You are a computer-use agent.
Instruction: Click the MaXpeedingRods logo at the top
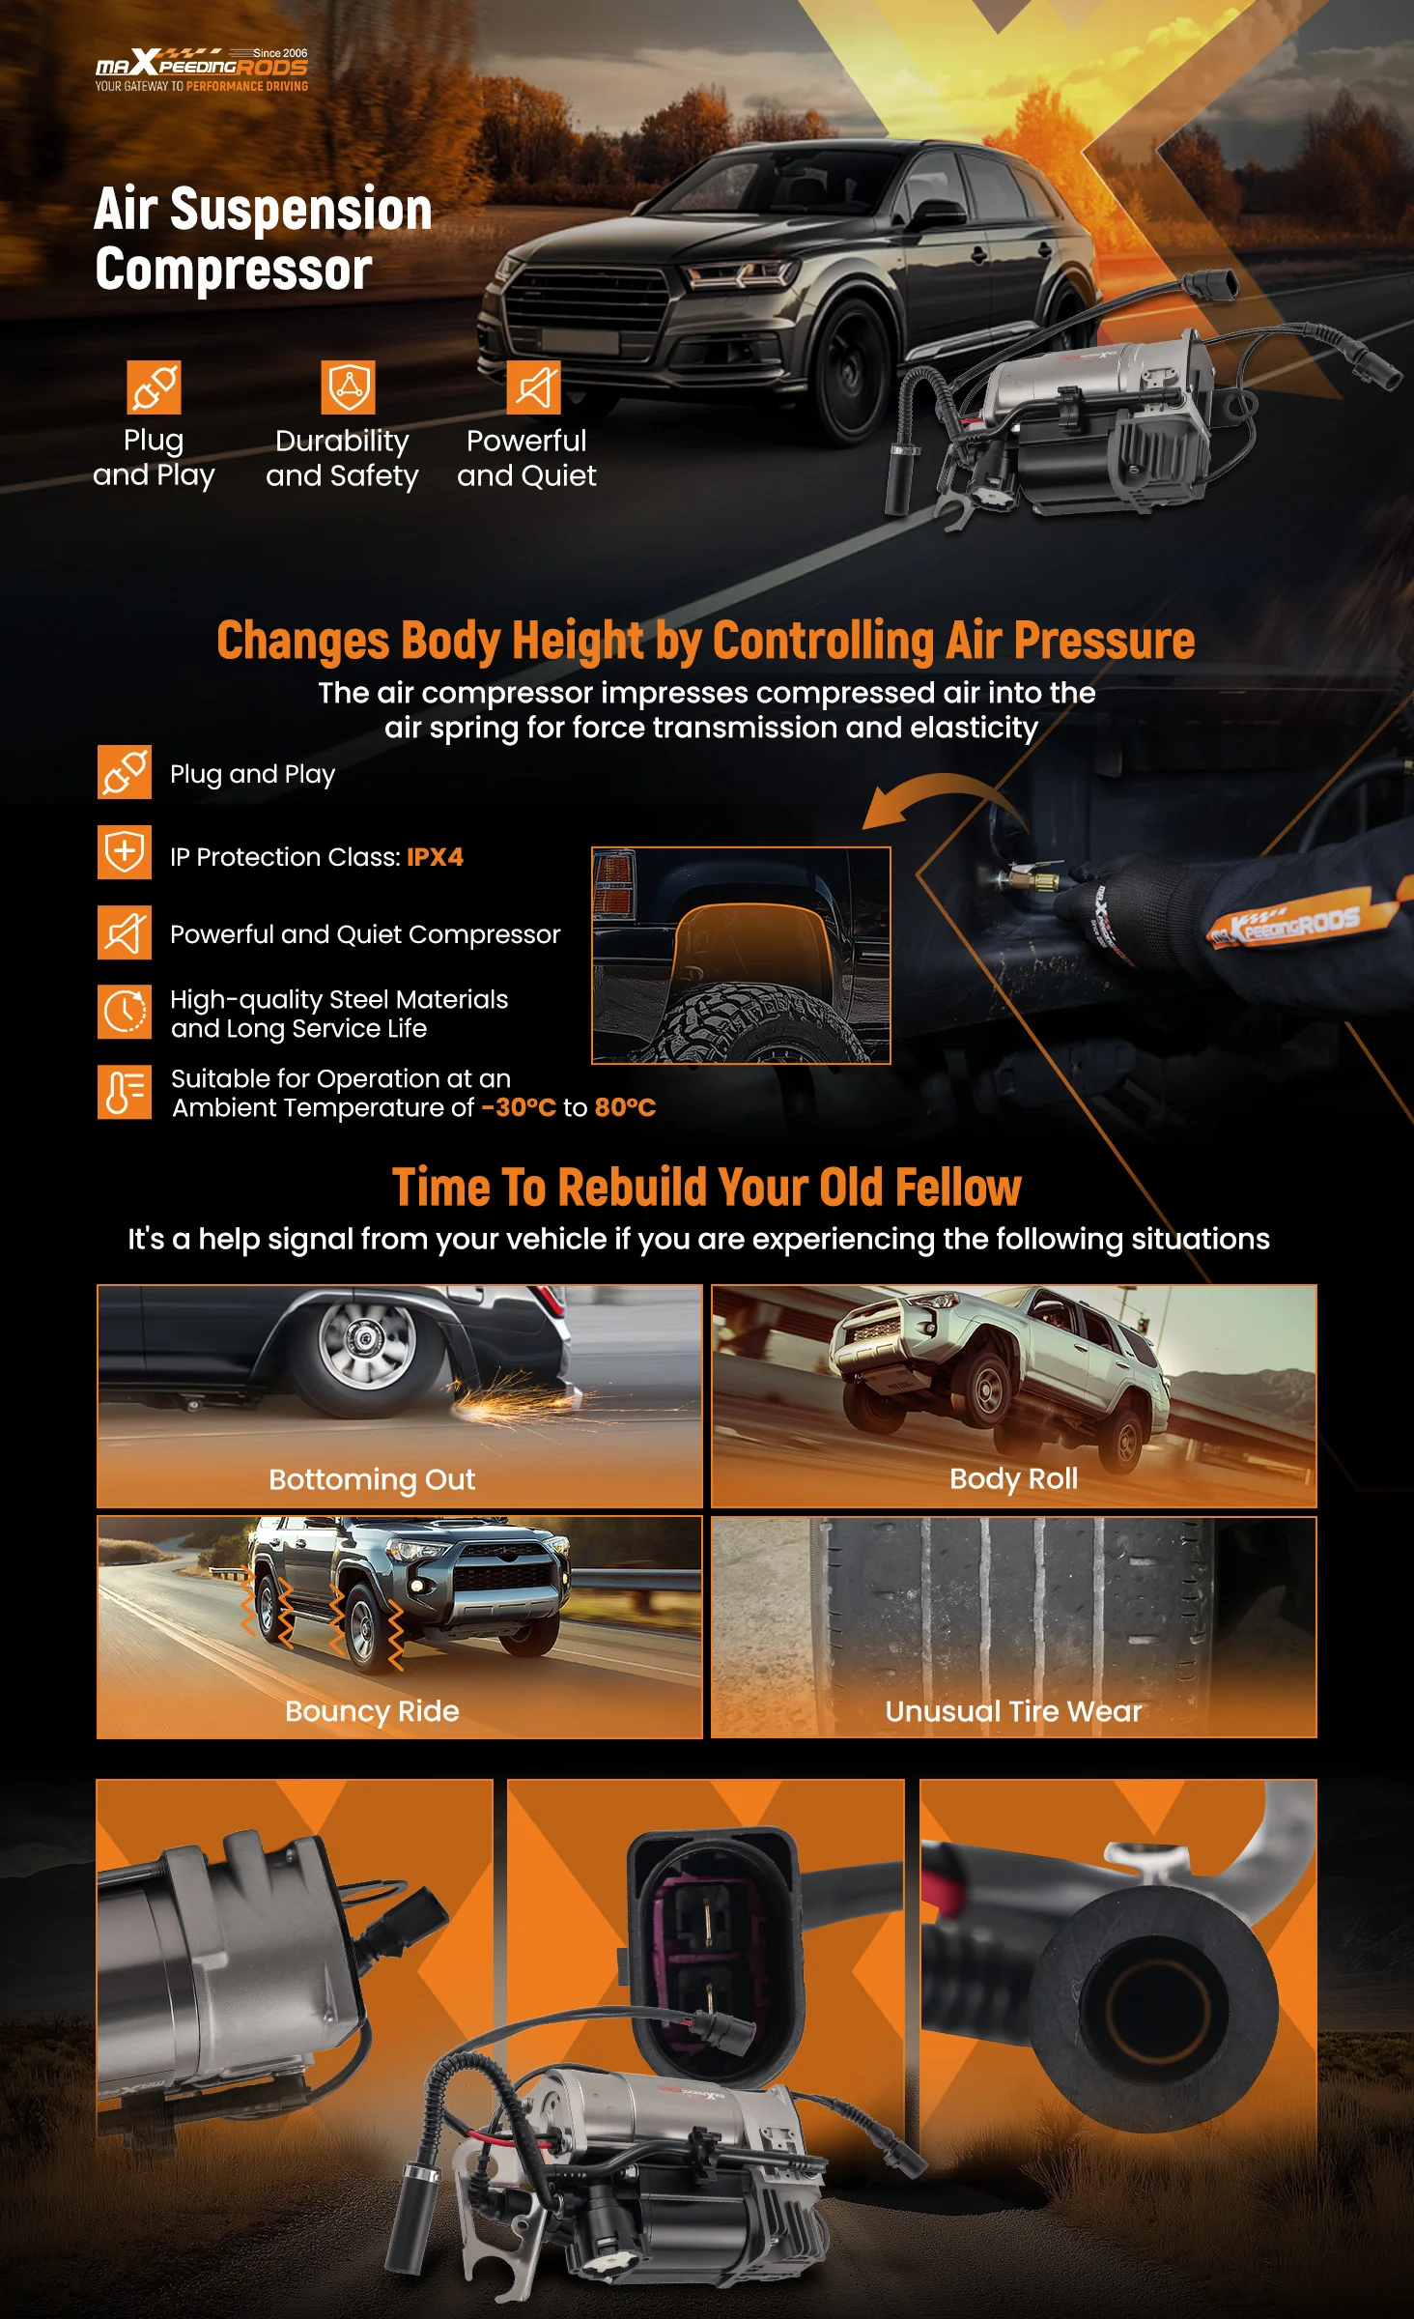(x=201, y=70)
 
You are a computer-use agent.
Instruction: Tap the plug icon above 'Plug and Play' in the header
(x=155, y=386)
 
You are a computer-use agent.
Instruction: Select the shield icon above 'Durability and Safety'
(x=348, y=386)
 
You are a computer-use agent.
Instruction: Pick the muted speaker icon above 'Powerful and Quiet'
(x=534, y=386)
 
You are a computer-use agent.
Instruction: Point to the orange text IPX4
(x=435, y=857)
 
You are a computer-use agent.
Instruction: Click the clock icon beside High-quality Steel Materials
(x=125, y=1012)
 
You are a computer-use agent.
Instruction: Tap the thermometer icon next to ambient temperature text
(x=125, y=1092)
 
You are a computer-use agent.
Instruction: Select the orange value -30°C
(x=519, y=1107)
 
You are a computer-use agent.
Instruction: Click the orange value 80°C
(x=625, y=1107)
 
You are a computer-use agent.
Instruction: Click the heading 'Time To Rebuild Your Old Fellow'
(x=706, y=1187)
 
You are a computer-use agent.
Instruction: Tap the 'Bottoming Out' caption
(x=372, y=1479)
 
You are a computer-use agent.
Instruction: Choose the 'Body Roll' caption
(x=1013, y=1478)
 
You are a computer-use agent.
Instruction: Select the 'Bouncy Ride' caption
(x=372, y=1711)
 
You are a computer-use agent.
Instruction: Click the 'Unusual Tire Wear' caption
(x=1013, y=1711)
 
